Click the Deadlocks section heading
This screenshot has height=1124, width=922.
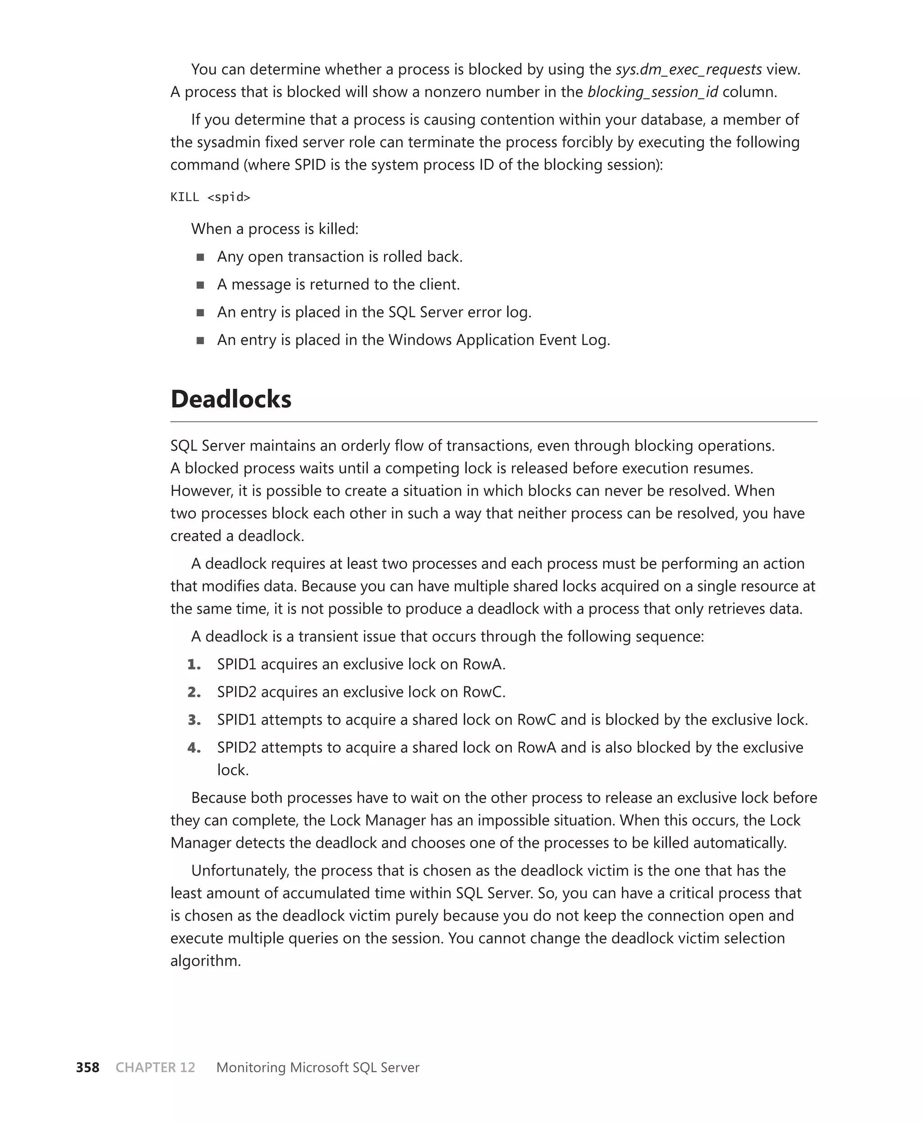[x=230, y=399]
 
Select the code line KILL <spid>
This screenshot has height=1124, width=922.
[x=210, y=197]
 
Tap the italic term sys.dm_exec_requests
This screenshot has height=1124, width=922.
[x=688, y=70]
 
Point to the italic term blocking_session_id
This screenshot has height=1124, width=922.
[x=652, y=92]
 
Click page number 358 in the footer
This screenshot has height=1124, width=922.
[x=88, y=1067]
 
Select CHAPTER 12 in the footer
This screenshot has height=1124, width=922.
[x=155, y=1067]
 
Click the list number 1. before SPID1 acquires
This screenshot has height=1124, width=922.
[x=194, y=665]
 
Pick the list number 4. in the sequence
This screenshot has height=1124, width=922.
[x=194, y=748]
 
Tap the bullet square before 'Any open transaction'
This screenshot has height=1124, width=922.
[x=200, y=257]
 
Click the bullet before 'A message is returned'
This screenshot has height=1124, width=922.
[x=200, y=285]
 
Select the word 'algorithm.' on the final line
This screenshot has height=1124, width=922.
[x=206, y=961]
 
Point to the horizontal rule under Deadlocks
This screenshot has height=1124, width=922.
[x=493, y=422]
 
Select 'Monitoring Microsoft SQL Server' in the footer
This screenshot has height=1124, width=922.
[x=317, y=1067]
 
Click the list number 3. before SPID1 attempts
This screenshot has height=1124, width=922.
[x=194, y=720]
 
